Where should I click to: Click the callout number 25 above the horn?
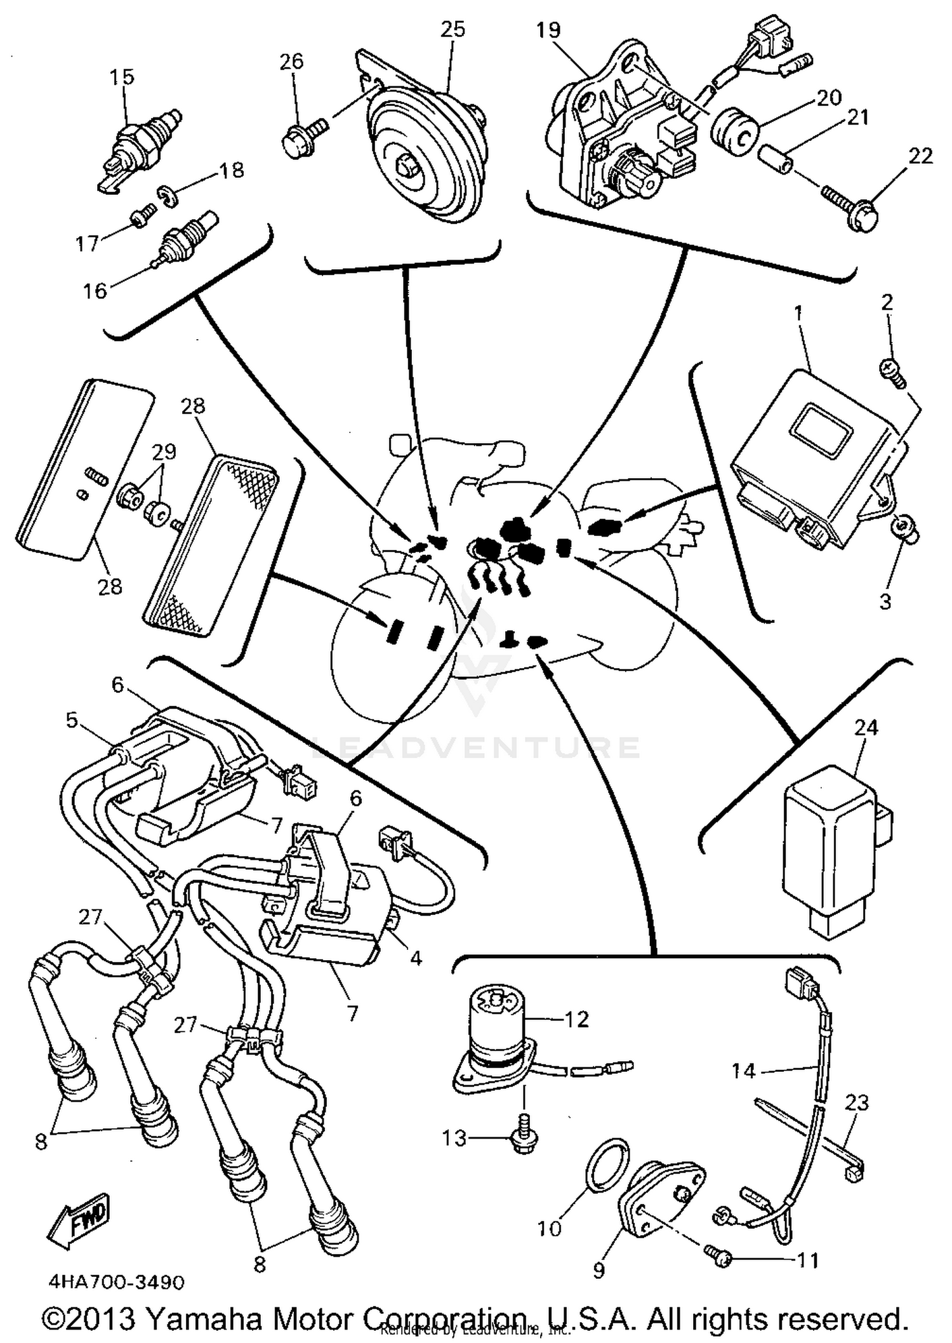pyautogui.click(x=453, y=29)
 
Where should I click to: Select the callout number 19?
pyautogui.click(x=548, y=30)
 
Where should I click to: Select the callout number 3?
pyautogui.click(x=885, y=601)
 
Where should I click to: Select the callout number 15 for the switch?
pyautogui.click(x=122, y=77)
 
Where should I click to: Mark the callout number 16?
pyautogui.click(x=95, y=291)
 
